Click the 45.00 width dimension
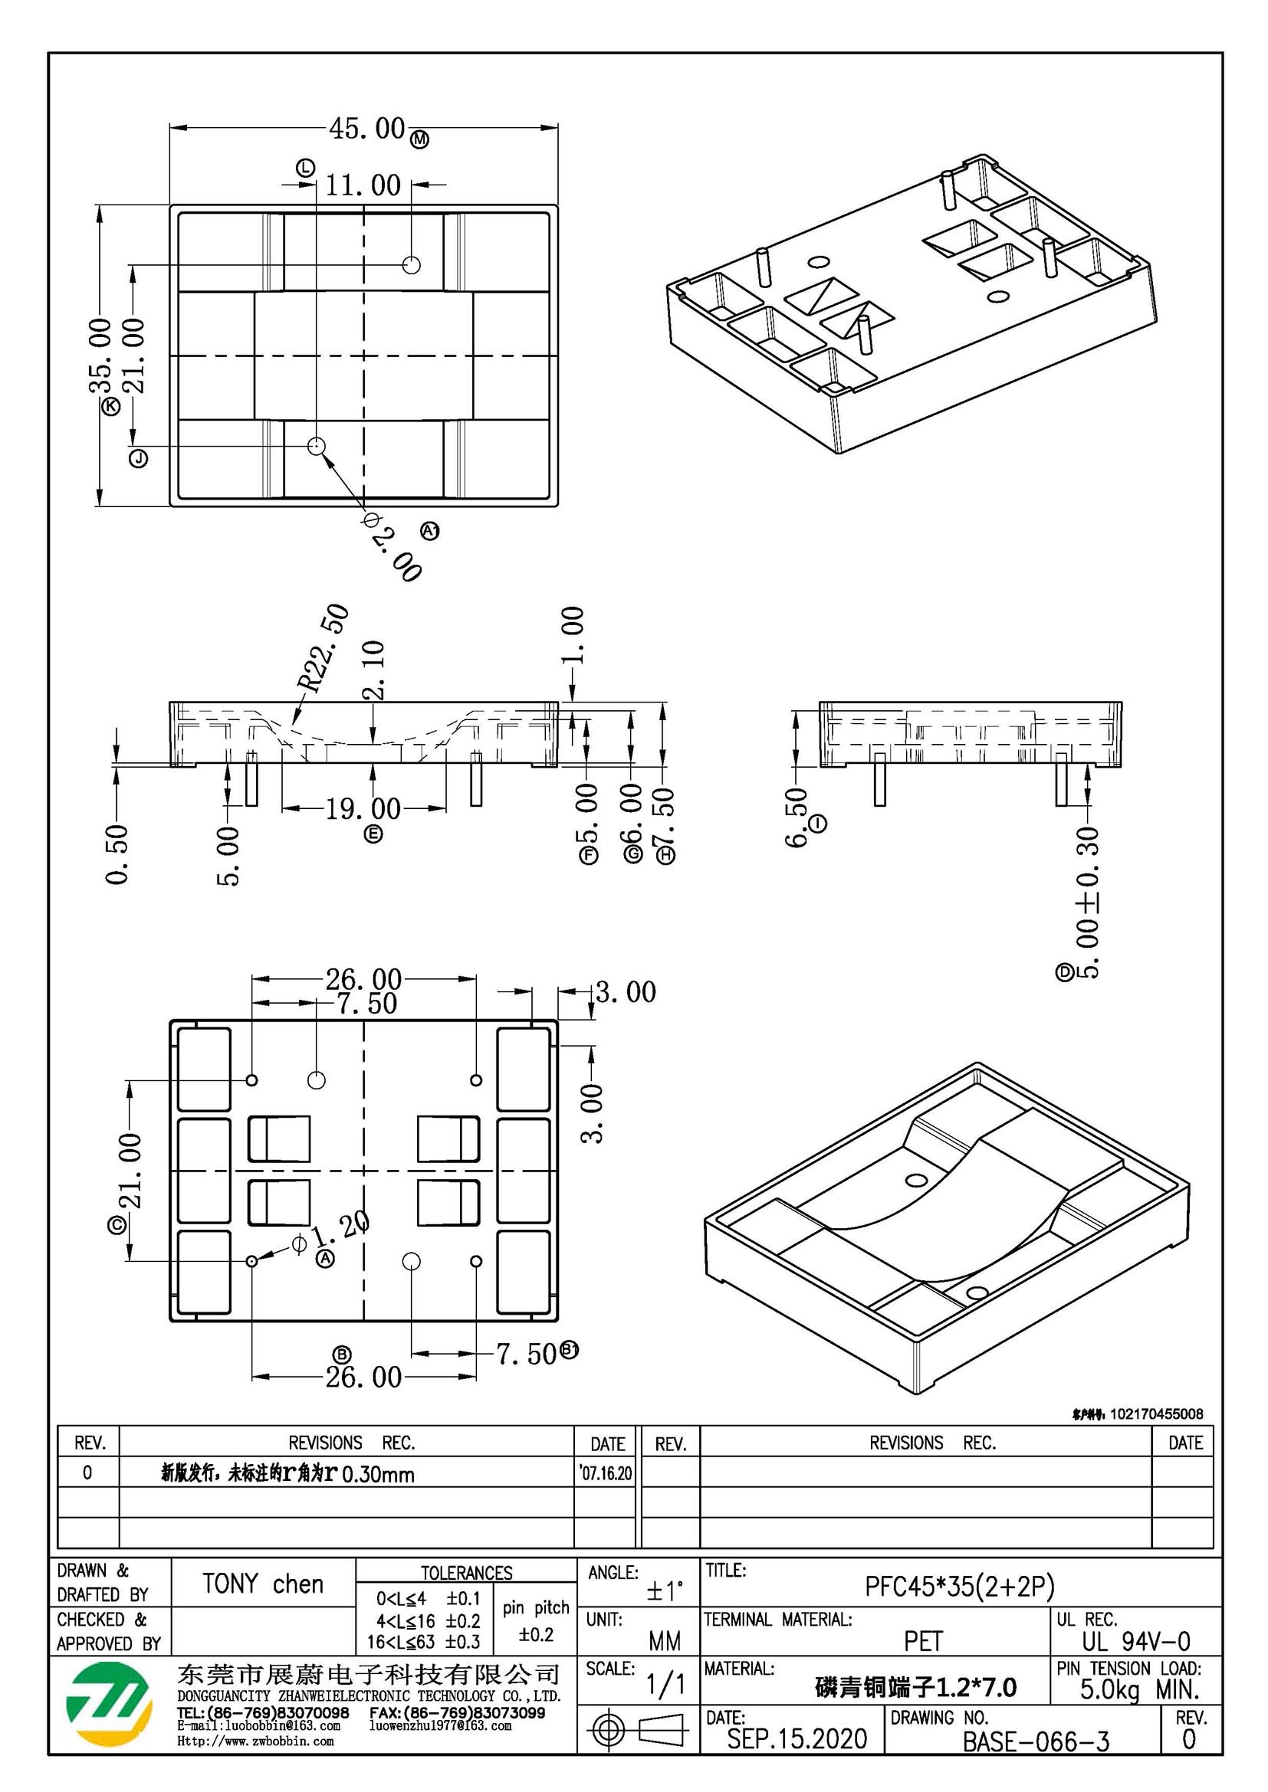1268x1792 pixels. click(366, 127)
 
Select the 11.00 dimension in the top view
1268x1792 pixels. click(363, 185)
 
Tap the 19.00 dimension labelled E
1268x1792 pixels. click(363, 808)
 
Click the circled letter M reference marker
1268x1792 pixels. click(420, 139)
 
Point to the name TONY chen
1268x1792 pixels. click(262, 1584)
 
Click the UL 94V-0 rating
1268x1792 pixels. click(1135, 1642)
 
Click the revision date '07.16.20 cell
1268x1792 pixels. click(606, 1473)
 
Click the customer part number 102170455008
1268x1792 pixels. click(1156, 1414)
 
